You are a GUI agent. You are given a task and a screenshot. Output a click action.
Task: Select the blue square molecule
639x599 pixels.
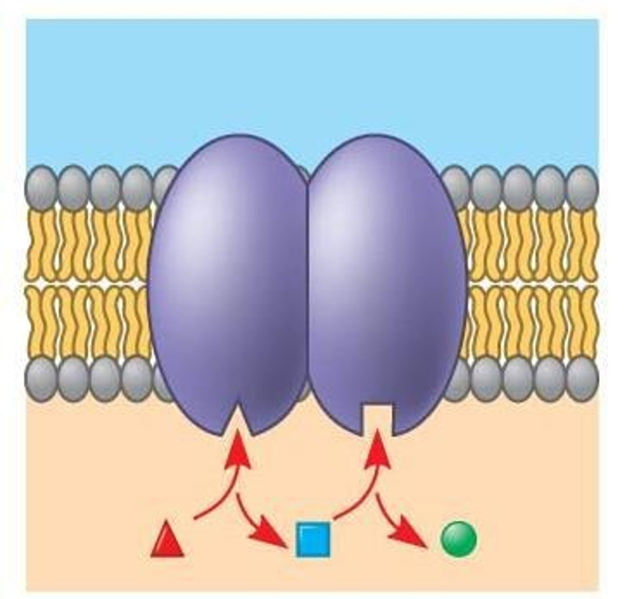click(x=313, y=539)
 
